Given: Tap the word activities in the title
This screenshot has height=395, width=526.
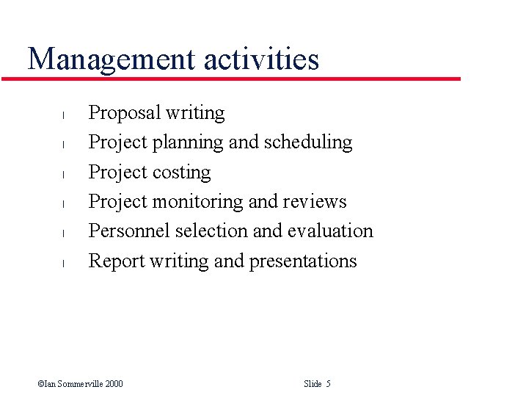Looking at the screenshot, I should point(262,59).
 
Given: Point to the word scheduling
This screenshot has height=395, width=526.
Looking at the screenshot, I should point(308,142).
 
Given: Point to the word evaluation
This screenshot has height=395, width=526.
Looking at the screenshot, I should point(330,231).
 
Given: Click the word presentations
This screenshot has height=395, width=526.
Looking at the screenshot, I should point(303,261).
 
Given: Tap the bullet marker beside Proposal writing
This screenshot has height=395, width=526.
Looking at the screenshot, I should point(64,115).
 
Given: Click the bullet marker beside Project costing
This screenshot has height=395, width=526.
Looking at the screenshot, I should point(64,174).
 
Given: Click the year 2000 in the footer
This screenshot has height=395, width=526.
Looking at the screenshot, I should point(114,384).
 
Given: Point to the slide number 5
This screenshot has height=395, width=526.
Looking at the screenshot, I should point(328,384).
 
